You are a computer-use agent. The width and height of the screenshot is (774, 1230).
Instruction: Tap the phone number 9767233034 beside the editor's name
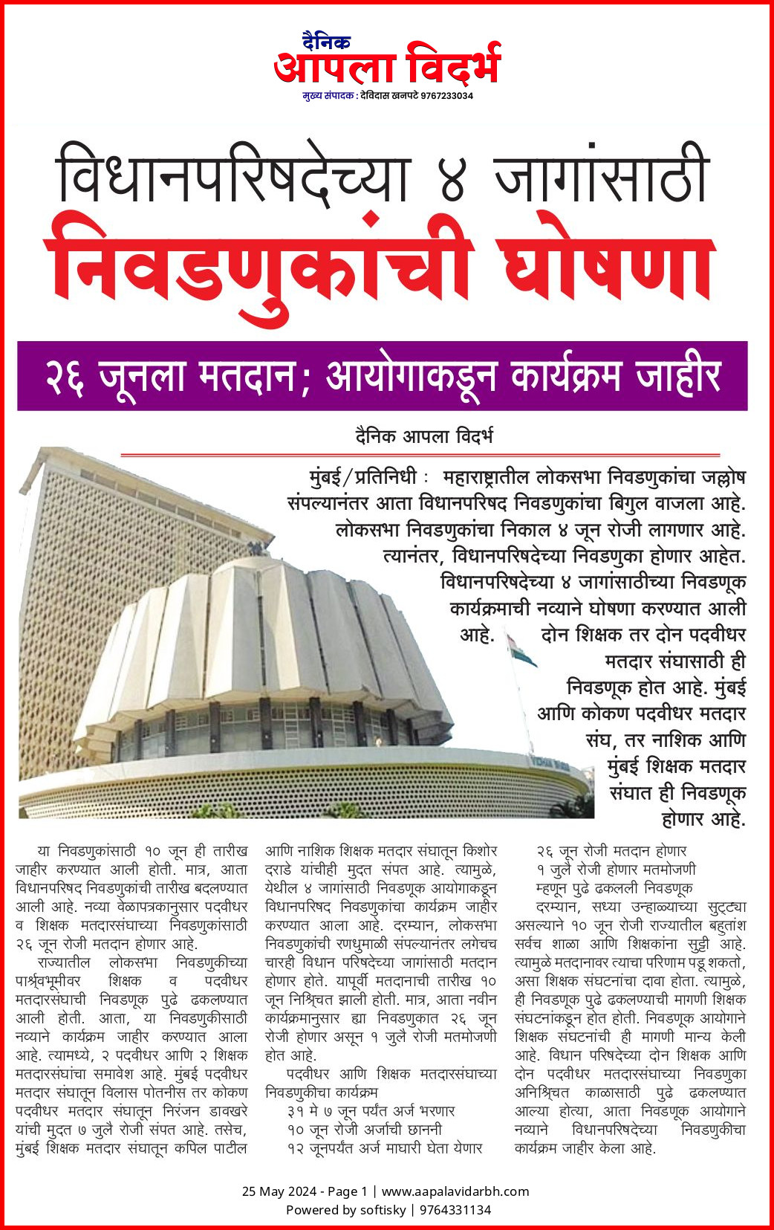[446, 96]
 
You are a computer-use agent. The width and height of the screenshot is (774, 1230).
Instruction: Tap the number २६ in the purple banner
[65, 376]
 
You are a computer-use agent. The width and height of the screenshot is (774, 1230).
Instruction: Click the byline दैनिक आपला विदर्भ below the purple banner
[423, 436]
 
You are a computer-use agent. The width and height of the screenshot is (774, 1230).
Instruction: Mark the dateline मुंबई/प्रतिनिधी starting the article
[363, 477]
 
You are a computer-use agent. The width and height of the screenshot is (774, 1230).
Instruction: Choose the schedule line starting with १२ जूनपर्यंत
[384, 1148]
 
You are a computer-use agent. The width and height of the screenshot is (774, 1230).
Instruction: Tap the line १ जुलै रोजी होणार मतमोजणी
[616, 869]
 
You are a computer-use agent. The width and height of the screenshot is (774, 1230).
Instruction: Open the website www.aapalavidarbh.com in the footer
[455, 1191]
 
